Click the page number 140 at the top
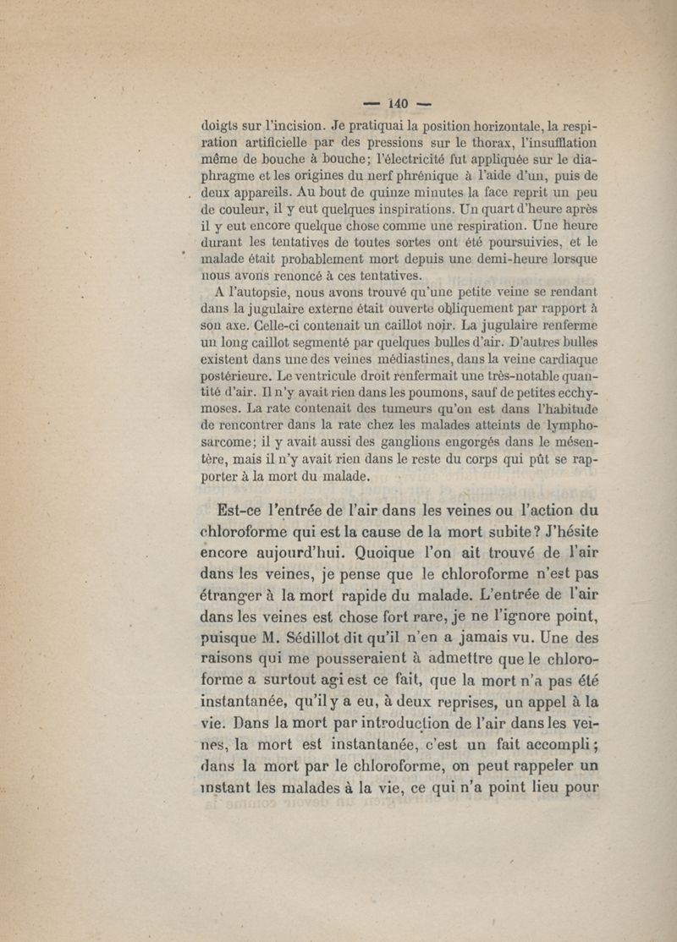coord(398,103)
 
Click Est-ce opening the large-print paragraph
coord(239,510)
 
